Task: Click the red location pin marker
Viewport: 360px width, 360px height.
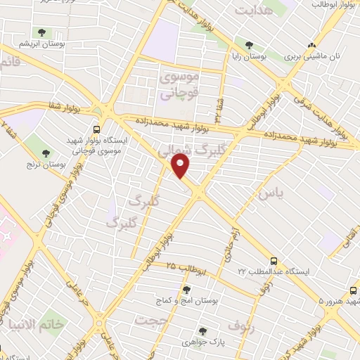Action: click(181, 166)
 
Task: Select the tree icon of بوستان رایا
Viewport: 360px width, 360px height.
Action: click(248, 44)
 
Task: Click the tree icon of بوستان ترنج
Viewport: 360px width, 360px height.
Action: click(47, 153)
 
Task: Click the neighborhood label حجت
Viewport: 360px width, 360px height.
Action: click(153, 321)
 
